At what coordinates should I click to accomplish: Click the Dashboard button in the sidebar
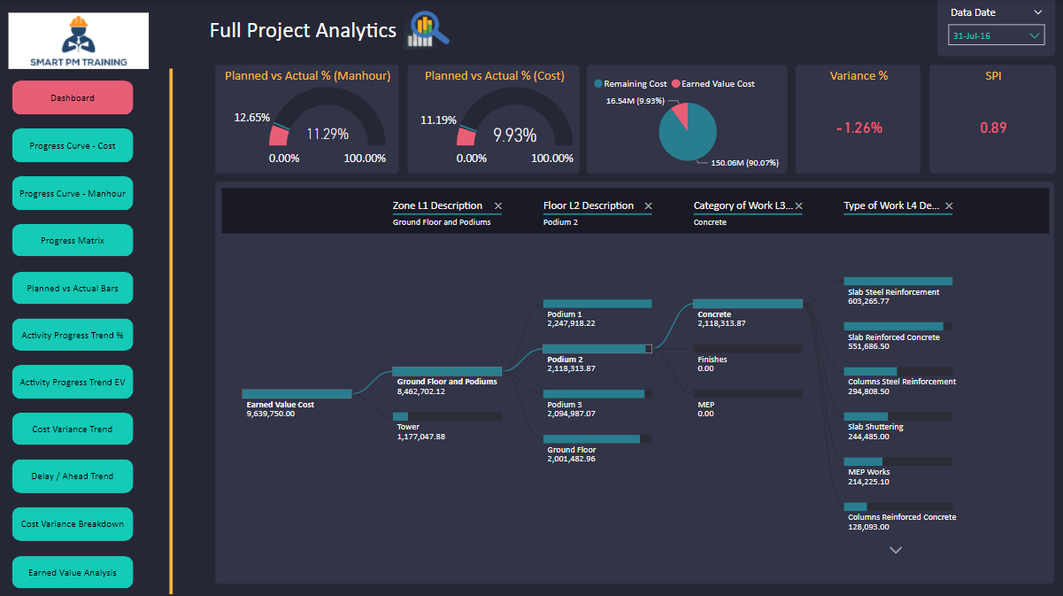(73, 97)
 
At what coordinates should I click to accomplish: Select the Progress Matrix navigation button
(73, 240)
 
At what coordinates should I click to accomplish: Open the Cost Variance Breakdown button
(73, 524)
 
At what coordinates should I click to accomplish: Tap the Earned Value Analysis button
(73, 572)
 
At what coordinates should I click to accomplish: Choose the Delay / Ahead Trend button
(73, 476)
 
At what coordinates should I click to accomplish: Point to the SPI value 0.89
(993, 128)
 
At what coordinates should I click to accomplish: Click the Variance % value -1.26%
(859, 128)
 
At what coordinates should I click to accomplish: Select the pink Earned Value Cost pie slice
(679, 116)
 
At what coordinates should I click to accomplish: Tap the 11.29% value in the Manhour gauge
(327, 135)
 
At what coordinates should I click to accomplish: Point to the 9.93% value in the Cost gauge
(514, 135)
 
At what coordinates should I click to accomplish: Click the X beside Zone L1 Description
(497, 206)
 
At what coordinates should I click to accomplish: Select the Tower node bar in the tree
(447, 416)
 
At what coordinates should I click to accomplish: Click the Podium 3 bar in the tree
(597, 394)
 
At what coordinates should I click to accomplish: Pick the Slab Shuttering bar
(898, 416)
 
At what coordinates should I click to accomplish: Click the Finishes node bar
(748, 349)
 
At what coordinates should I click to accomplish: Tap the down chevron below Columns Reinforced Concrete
(896, 550)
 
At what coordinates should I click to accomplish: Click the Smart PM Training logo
(79, 41)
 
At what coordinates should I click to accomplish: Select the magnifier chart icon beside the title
(428, 29)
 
